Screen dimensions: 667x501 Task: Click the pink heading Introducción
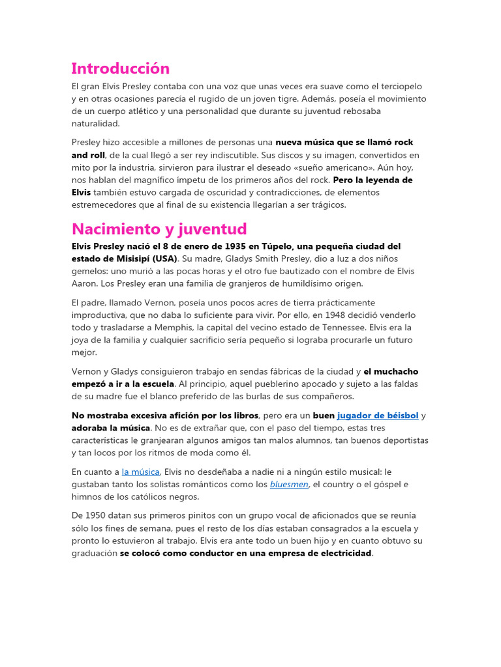click(120, 68)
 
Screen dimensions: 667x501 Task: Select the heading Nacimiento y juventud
click(159, 229)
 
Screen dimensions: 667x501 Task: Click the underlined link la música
click(140, 472)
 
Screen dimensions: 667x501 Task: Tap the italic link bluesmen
click(289, 484)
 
